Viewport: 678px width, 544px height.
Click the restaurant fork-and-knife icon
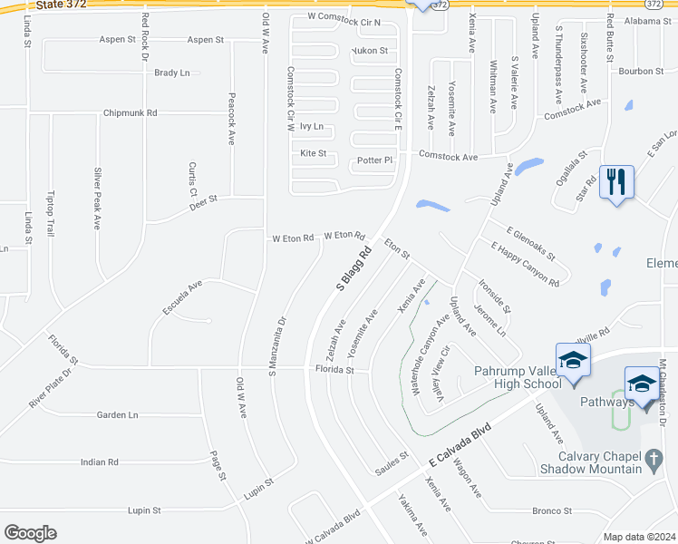point(616,181)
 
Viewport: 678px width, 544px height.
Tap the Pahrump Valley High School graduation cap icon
point(573,360)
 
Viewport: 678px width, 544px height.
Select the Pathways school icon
point(642,384)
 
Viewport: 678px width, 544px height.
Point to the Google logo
point(30,532)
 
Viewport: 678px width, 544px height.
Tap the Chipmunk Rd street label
point(131,113)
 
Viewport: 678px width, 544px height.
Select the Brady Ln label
point(172,73)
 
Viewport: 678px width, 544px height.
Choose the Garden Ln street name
point(118,414)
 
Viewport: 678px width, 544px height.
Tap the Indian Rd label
point(100,462)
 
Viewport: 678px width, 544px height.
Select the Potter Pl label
point(374,160)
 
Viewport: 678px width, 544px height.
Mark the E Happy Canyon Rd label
point(525,265)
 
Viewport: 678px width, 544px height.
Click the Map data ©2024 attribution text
point(638,537)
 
